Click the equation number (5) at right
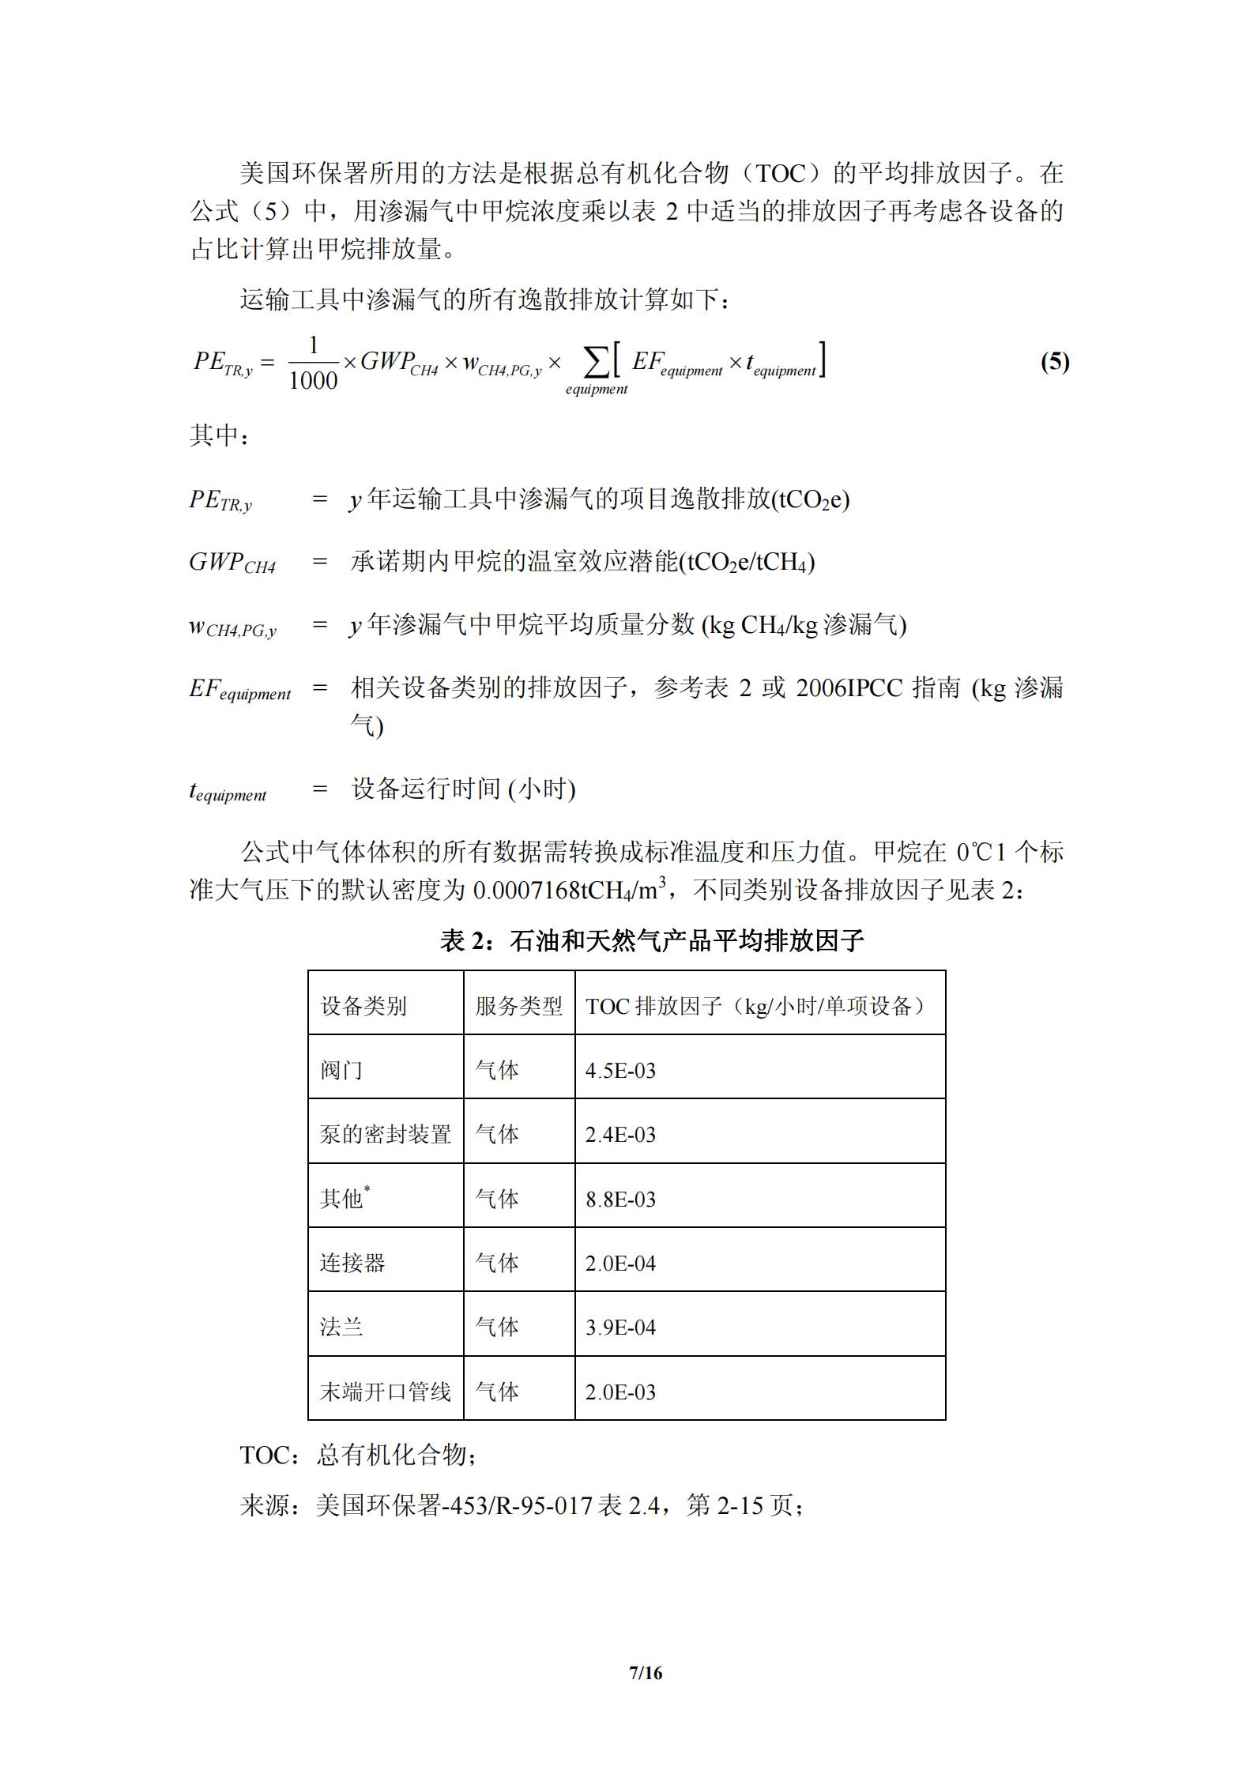tap(1054, 363)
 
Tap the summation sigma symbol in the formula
tap(596, 363)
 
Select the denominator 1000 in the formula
tap(313, 381)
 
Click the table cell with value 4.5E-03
tap(620, 1071)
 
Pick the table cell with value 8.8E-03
tap(620, 1200)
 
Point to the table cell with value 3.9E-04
tap(620, 1328)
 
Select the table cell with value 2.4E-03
tap(620, 1135)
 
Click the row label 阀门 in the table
tap(341, 1071)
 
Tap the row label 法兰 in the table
tap(341, 1328)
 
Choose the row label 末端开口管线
tap(385, 1392)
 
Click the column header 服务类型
tap(518, 1006)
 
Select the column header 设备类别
tap(363, 1006)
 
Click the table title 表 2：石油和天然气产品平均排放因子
tap(652, 940)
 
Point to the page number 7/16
tap(645, 1673)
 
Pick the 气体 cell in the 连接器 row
tap(497, 1264)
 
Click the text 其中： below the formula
tap(219, 435)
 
